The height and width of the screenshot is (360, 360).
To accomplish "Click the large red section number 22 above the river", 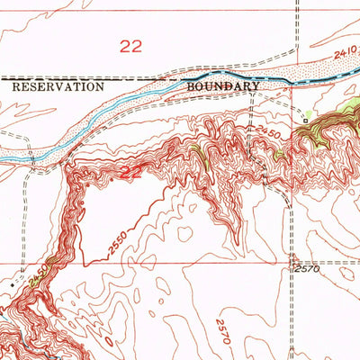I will pos(131,47).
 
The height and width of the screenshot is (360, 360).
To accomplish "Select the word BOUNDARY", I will pos(223,86).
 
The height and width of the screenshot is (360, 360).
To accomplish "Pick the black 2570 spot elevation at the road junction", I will pos(306,269).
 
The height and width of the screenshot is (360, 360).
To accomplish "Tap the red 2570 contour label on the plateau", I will pos(224,331).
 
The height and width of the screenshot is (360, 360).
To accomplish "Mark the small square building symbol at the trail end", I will pos(305,118).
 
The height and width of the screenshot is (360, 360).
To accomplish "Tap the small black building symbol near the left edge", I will pos(12,283).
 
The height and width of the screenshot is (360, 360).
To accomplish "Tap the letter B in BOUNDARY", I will pos(192,86).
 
